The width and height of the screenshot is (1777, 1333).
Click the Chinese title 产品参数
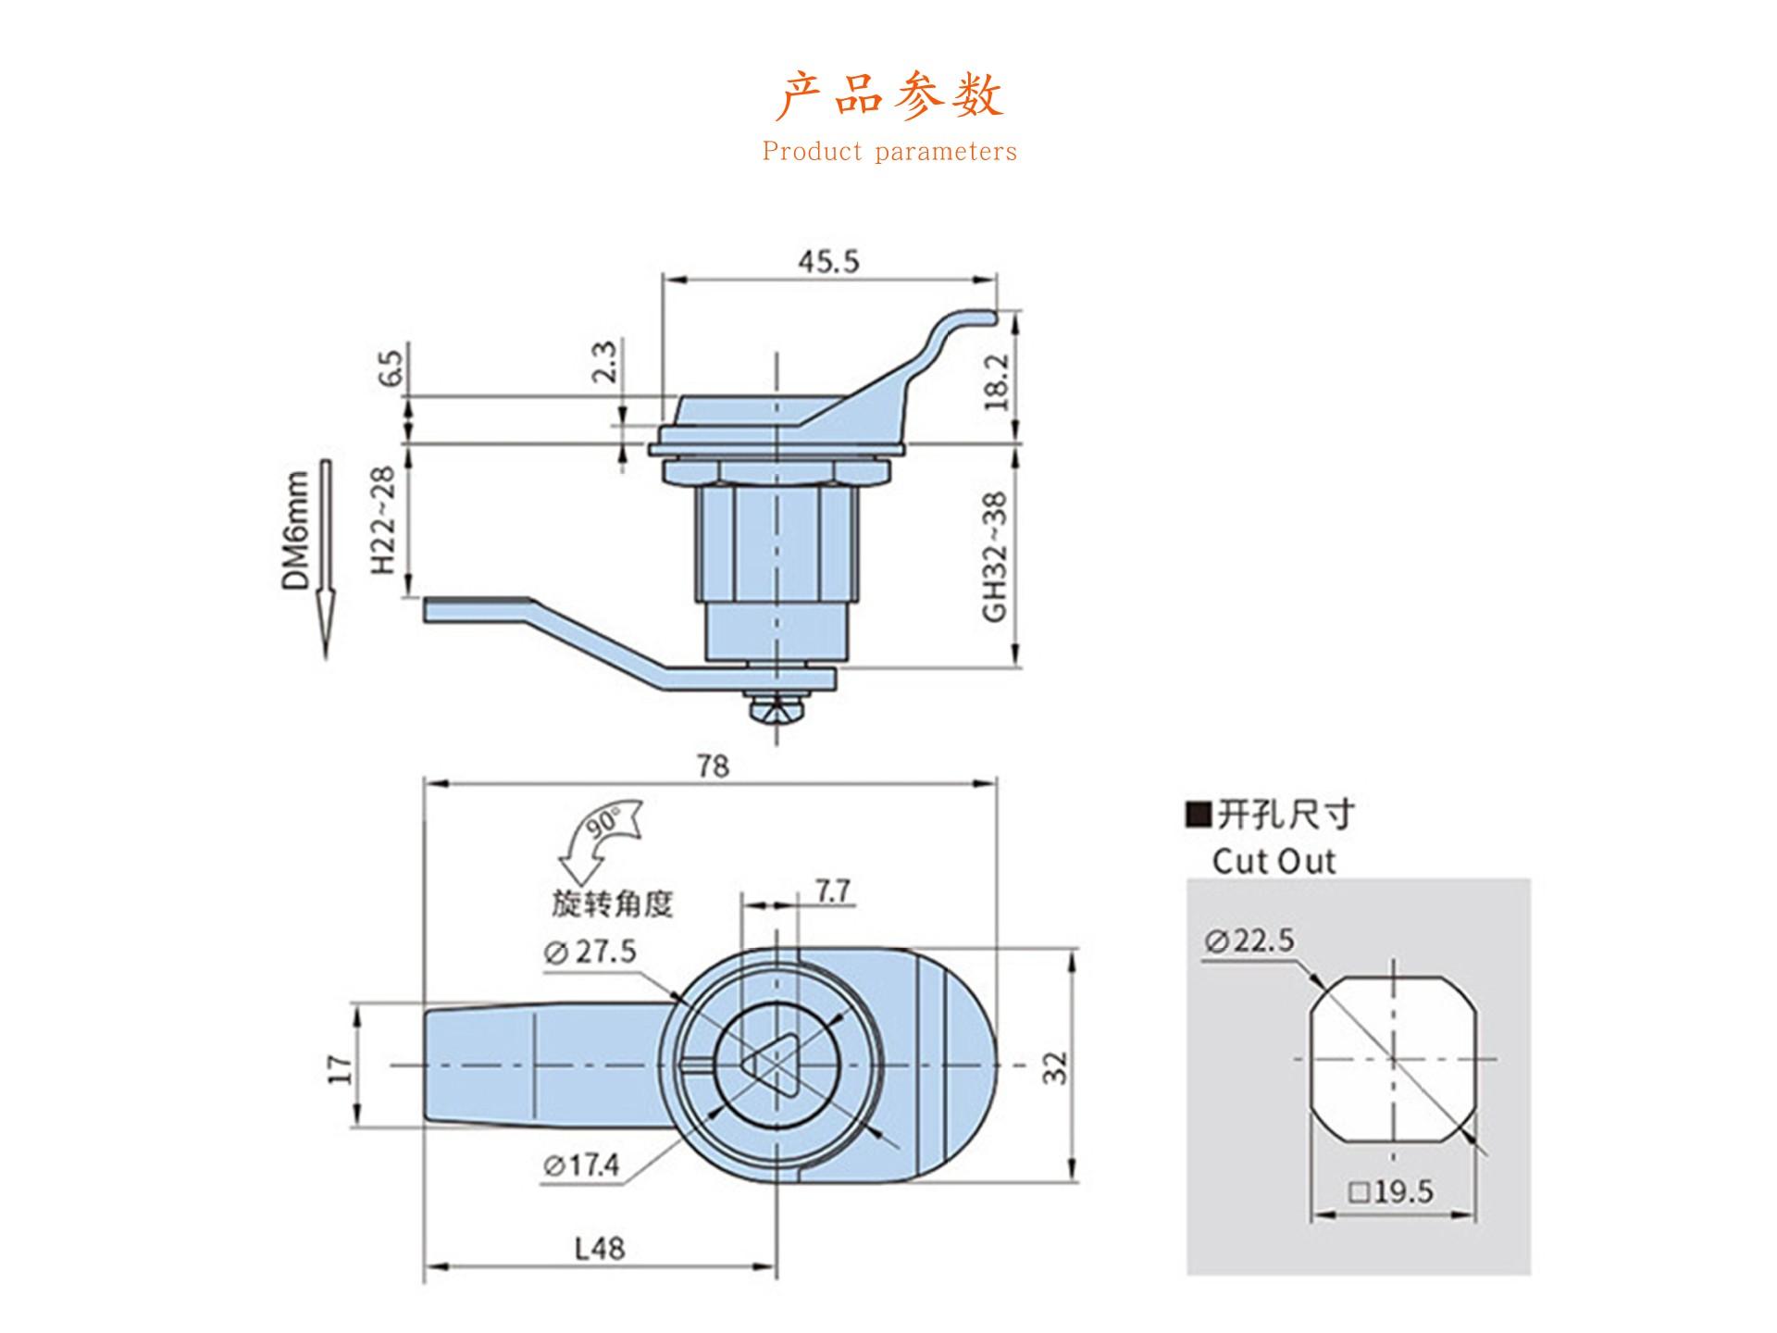pos(889,95)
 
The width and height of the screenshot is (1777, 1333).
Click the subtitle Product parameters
pos(889,152)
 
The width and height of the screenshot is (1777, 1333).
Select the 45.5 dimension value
pos(829,262)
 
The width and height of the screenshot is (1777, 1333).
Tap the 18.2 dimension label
pos(996,381)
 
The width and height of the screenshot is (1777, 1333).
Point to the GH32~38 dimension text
pos(994,556)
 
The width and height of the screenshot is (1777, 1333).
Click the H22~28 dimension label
pos(383,519)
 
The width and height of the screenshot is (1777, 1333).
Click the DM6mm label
pos(295,530)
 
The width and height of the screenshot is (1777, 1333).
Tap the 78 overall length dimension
pos(713,766)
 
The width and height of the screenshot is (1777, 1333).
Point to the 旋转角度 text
pos(613,903)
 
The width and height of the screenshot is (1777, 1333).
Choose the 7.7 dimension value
pos(833,891)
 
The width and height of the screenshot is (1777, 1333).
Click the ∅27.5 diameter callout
pos(591,952)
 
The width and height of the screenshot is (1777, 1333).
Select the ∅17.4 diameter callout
pos(581,1165)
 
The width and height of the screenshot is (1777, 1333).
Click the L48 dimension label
pos(600,1249)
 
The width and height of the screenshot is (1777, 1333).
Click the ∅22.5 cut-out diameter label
pos(1249,941)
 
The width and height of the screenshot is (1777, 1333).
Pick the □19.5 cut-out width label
pos(1391,1192)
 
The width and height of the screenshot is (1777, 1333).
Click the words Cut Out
pos(1274,862)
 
